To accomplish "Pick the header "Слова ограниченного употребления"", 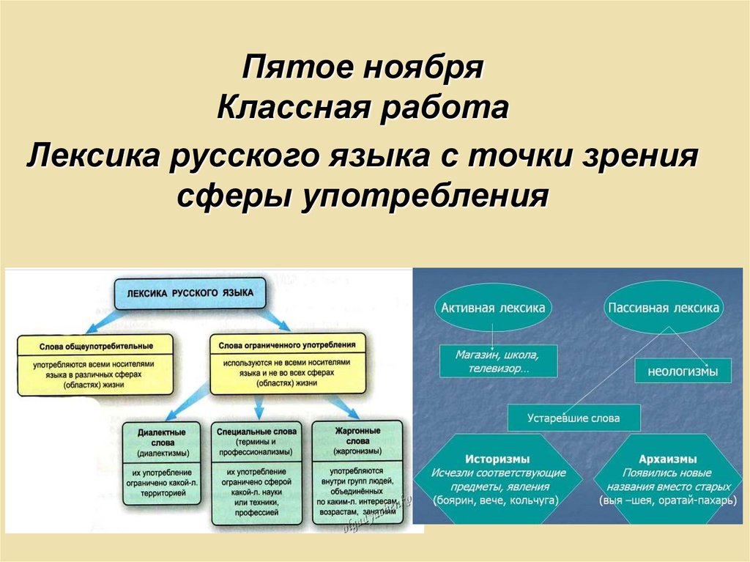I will pos(287,343).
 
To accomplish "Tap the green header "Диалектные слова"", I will pos(161,437).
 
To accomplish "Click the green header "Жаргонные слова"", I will pos(356,437).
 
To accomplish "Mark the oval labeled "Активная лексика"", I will pos(493,308).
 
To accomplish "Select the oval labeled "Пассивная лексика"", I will pos(663,308).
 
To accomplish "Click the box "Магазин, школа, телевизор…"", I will pos(497,362).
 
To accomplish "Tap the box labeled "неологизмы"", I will pos(683,371).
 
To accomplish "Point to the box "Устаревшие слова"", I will pos(573,418).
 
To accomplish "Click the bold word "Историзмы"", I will pos(497,459).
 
